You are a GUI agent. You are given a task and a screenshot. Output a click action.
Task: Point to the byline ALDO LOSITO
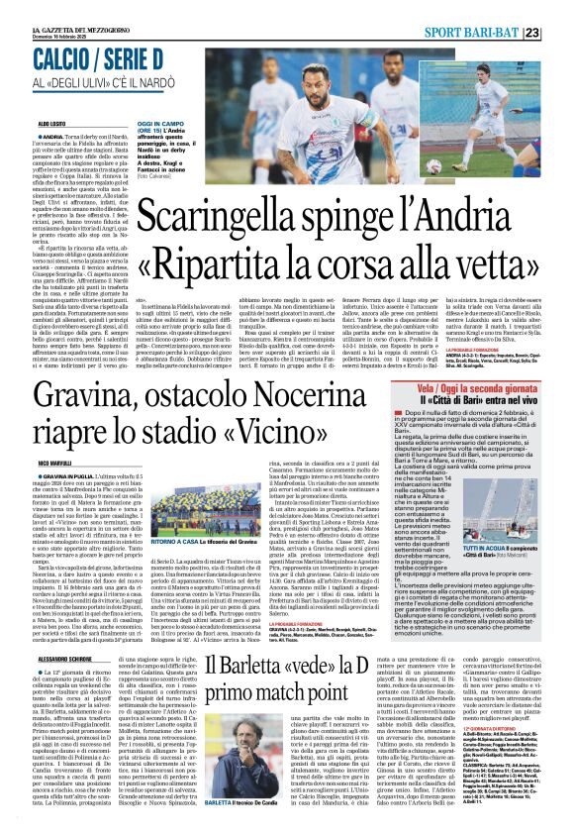(x=26, y=123)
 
